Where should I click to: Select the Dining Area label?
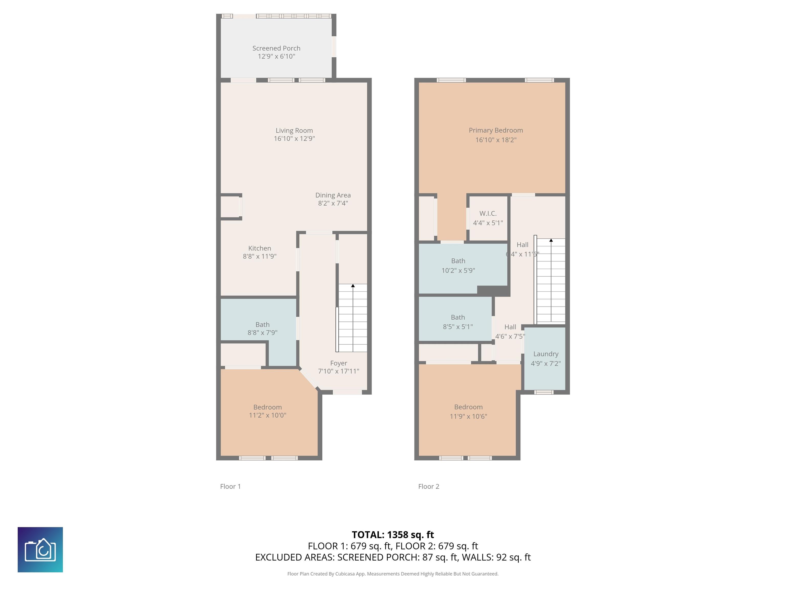coord(333,195)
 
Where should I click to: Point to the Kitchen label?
coord(259,248)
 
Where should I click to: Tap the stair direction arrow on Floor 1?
coord(353,286)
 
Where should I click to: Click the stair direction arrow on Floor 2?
coord(551,240)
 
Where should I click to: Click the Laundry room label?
coord(545,354)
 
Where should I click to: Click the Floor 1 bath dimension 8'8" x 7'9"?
coord(262,333)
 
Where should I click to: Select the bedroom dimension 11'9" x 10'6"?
coord(468,416)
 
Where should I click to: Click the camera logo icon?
coord(40,550)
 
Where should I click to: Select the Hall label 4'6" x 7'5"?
coord(510,331)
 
